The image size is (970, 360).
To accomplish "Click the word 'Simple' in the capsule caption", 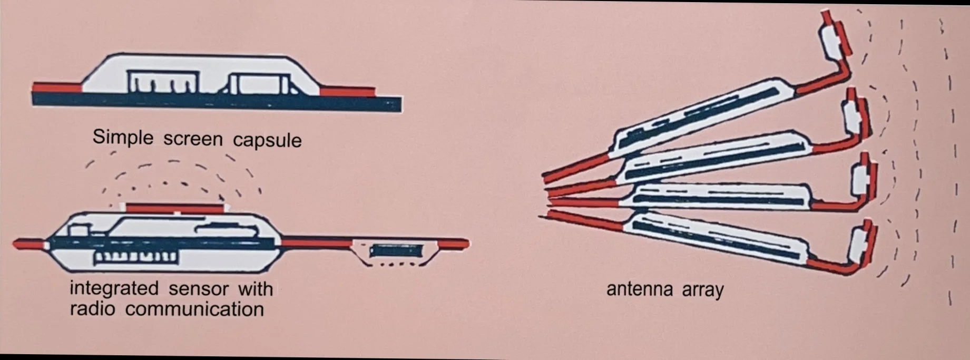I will coord(123,137).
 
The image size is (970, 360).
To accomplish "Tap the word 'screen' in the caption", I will coord(193,139).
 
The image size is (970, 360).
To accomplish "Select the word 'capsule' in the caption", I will coord(267,140).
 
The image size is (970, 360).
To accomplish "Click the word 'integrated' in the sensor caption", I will coord(114,288).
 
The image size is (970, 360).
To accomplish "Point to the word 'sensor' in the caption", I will coord(199,289).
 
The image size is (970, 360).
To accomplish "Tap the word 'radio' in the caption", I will coord(92,308).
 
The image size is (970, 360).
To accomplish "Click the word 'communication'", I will coord(194,309).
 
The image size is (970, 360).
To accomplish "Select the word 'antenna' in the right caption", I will coord(640,289).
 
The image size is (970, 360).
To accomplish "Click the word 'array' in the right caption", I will coord(703,289).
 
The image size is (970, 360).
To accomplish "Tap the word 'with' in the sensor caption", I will coord(256,289).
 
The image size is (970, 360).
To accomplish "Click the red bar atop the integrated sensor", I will coord(174,208).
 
